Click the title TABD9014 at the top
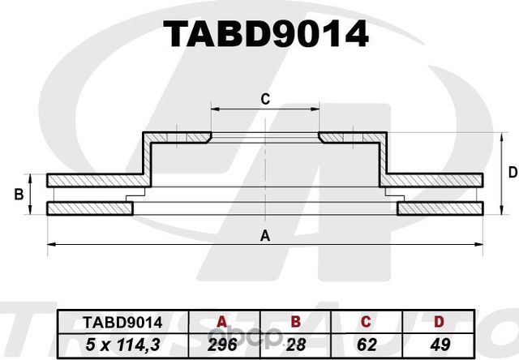tap(265, 35)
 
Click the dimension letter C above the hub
tap(264, 99)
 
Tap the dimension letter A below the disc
tap(264, 236)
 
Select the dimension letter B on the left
tap(18, 195)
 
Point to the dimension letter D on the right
tap(512, 172)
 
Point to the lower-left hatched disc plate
tap(89, 209)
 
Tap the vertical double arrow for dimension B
tap(32, 195)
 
